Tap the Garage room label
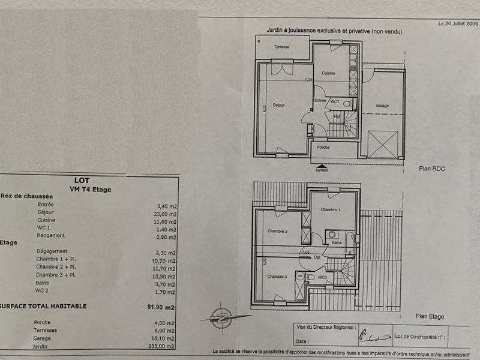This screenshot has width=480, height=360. [382, 106]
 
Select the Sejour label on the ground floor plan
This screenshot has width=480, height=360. [278, 105]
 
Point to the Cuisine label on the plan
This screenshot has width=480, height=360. [328, 73]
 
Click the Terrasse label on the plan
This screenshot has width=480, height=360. [282, 47]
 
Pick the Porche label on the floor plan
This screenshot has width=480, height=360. [323, 147]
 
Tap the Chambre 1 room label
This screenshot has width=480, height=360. [330, 209]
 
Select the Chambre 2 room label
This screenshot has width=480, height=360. [277, 231]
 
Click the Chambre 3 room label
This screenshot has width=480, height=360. [277, 277]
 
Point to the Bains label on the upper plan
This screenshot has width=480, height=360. [337, 243]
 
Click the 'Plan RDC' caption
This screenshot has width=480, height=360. [431, 169]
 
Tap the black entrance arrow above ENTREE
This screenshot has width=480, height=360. [322, 165]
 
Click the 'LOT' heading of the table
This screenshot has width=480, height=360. [82, 179]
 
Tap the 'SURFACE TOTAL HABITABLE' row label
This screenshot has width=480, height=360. [44, 306]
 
